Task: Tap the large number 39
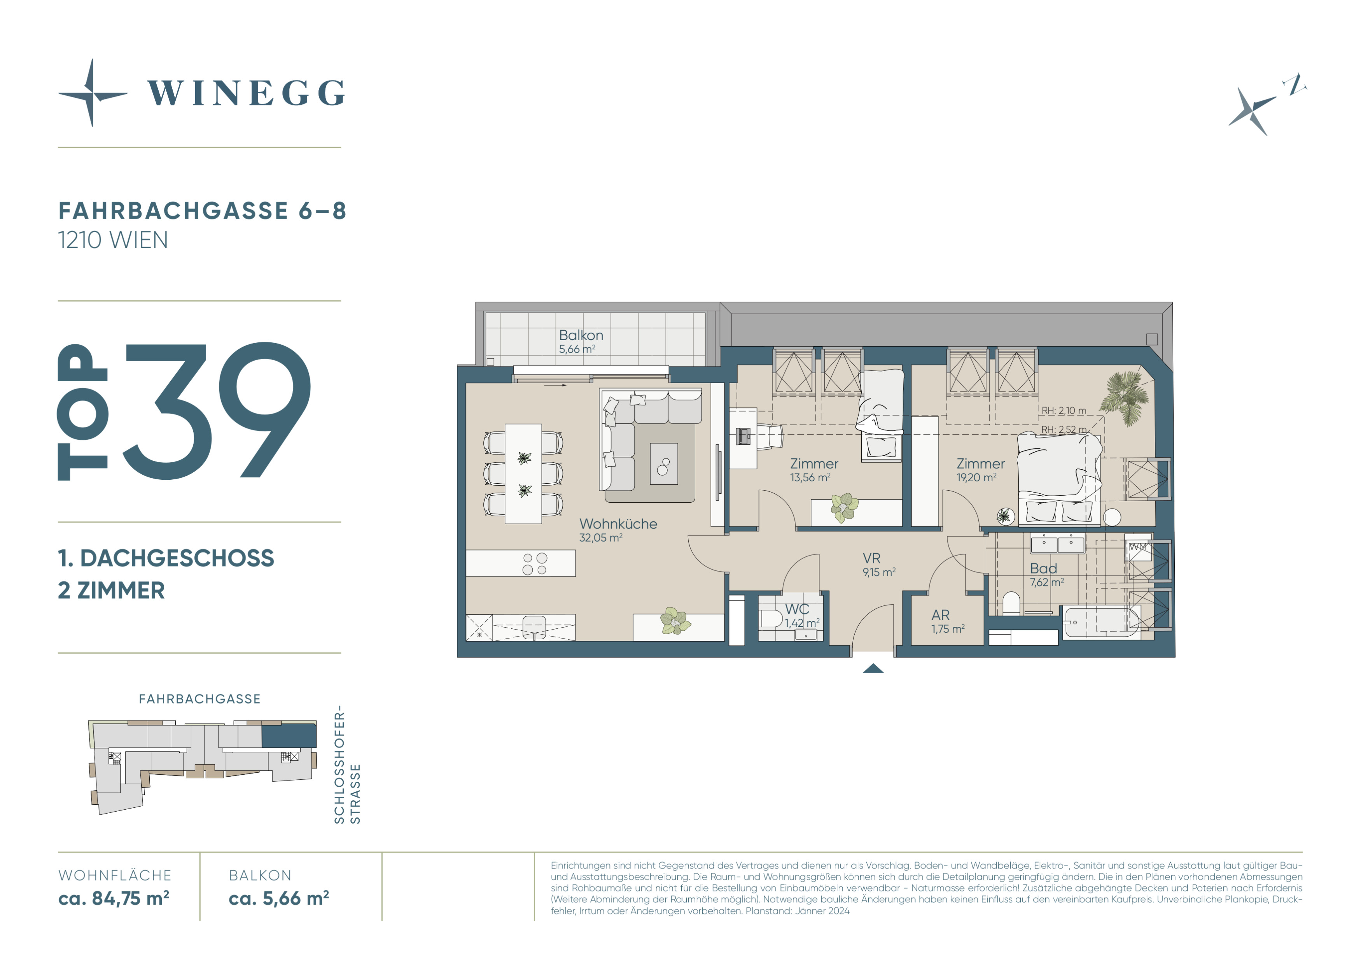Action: pos(217,410)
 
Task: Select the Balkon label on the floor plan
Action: pos(581,335)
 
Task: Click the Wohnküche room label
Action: pos(618,524)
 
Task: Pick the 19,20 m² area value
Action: pos(976,477)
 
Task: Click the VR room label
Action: pos(871,558)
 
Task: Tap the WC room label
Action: pos(797,609)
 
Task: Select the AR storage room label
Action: pos(940,615)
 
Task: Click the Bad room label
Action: pos(1043,568)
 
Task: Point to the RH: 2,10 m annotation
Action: pos(1064,410)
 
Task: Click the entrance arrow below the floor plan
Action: pos(873,668)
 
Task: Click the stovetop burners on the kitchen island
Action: pos(535,564)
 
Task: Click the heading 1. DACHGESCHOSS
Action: pos(166,558)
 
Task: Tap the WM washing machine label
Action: pos(1137,547)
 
